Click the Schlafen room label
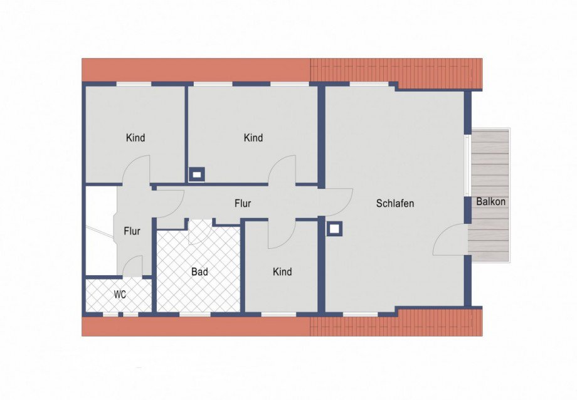coord(395,203)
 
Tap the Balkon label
coord(490,202)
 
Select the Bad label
coord(199,272)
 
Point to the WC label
coord(120,295)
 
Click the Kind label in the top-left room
coord(135,138)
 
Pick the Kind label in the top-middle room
coord(253,138)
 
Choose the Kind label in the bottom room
coord(282,271)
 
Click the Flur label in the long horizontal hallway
coord(243,203)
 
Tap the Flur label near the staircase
coord(132,231)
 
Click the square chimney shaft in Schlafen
coord(334,229)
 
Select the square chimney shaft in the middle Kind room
coord(197,174)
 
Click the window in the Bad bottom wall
coord(195,314)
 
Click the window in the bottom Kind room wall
coord(278,314)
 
